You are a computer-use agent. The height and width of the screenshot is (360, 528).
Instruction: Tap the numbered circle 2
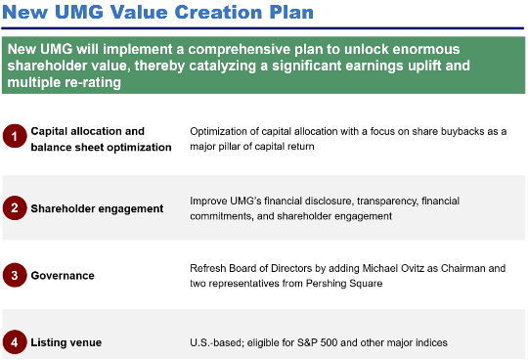[15, 207]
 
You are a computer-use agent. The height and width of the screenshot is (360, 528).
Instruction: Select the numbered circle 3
[15, 275]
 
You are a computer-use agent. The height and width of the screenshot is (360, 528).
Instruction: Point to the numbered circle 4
[15, 341]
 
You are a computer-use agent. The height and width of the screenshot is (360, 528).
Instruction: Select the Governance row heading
[63, 276]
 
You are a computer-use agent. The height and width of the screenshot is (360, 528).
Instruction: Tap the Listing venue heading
[66, 341]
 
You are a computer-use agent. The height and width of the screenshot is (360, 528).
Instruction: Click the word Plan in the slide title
[289, 15]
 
